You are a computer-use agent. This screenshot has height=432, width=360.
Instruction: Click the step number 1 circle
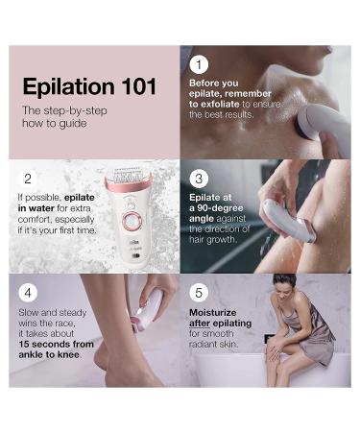[199, 64]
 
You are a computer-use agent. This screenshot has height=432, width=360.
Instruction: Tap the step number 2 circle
[28, 179]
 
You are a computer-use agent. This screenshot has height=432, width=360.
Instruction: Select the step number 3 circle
[199, 179]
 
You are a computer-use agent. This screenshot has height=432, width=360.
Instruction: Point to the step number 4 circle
[28, 293]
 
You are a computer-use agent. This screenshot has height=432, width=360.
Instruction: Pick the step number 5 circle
[199, 293]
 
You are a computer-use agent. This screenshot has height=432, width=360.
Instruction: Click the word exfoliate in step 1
[220, 104]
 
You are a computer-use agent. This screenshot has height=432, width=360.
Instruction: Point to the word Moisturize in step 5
[213, 312]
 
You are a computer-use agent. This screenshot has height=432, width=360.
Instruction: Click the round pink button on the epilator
[132, 221]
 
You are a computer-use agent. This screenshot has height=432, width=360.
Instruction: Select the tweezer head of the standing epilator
[128, 176]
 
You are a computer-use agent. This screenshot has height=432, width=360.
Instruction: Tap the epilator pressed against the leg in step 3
[287, 222]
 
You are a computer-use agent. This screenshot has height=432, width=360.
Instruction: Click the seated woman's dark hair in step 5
[284, 280]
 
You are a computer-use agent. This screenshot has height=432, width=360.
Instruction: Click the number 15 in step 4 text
[24, 344]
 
